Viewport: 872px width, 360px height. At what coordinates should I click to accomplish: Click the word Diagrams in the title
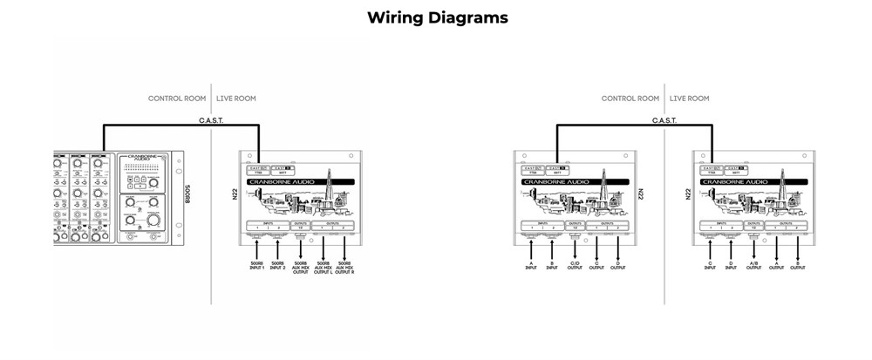pos(469,17)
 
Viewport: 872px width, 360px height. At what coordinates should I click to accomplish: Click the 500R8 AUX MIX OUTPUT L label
pos(323,267)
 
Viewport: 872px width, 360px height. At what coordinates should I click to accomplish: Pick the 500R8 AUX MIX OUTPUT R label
pos(344,267)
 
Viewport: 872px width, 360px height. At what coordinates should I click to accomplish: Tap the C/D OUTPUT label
pos(575,266)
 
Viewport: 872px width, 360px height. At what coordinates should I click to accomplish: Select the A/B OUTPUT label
pos(753,266)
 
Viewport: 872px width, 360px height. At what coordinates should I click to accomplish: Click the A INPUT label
pos(531,266)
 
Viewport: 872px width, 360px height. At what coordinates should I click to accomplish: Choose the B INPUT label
pos(552,266)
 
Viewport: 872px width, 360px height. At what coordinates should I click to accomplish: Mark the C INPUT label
pos(710,266)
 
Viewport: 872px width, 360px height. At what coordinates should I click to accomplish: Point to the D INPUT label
pos(731,266)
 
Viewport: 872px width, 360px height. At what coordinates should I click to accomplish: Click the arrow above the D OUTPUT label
pos(618,249)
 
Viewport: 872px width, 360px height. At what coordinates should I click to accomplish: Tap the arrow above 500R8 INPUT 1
pos(257,248)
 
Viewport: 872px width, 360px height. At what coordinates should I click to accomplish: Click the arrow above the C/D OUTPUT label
pos(575,249)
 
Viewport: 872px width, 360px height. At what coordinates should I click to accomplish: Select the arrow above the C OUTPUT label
pos(597,249)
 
